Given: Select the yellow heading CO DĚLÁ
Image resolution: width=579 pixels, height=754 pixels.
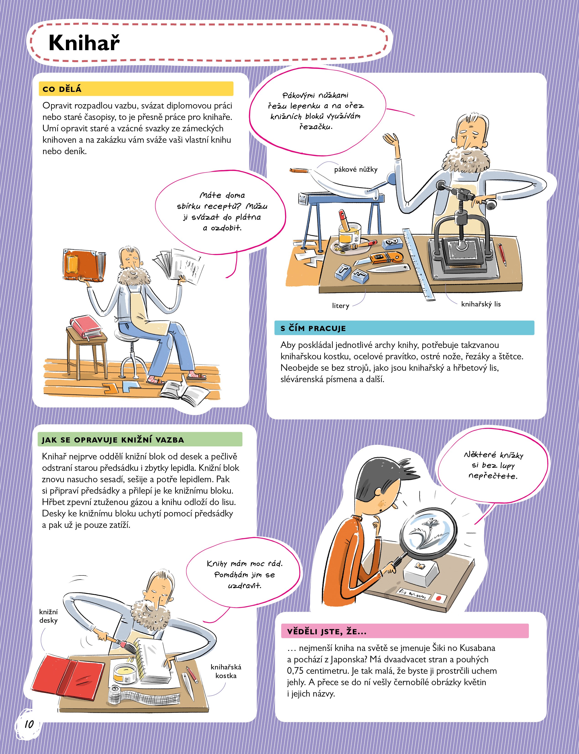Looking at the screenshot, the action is click(62, 89).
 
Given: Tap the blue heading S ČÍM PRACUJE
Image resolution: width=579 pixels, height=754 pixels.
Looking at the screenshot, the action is click(313, 328).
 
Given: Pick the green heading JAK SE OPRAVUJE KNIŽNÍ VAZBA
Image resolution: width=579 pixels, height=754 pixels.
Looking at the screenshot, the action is click(113, 440).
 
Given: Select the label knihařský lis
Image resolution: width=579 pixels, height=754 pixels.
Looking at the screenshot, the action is click(481, 304).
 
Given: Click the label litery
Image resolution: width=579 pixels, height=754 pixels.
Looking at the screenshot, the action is click(340, 306).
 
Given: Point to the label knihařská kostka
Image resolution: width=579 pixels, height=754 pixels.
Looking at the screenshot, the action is click(226, 671).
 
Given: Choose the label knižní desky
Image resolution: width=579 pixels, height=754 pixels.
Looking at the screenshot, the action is click(48, 616).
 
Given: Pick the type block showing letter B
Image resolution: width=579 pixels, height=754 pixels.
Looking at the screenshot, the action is click(392, 243).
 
